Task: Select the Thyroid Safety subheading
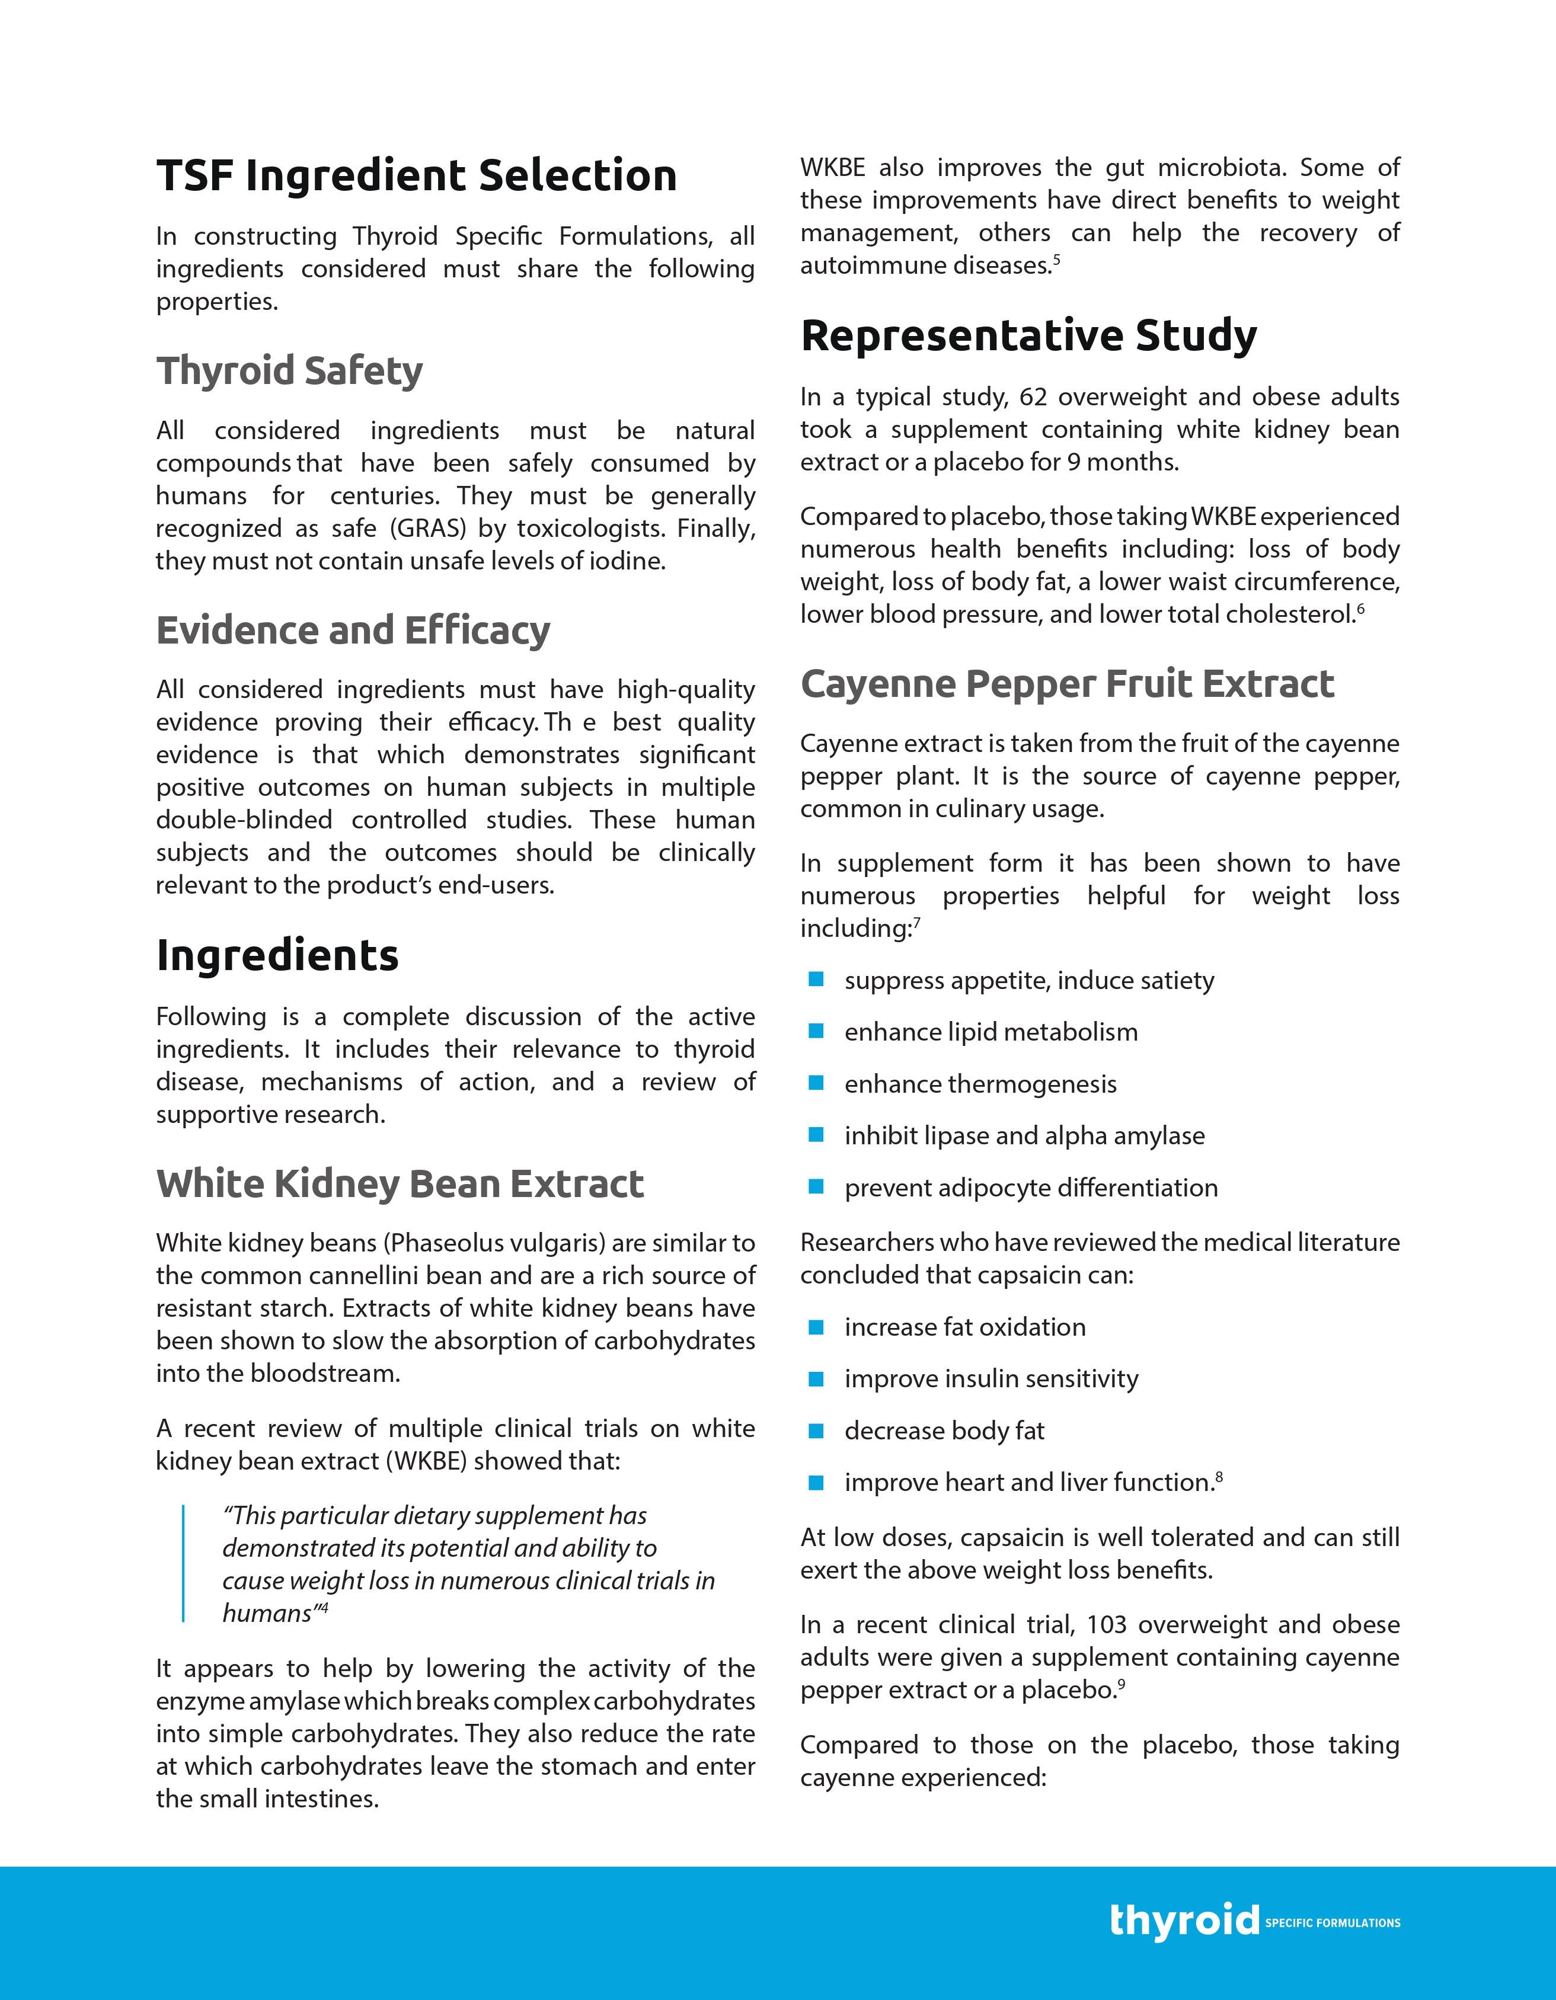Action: coord(289,371)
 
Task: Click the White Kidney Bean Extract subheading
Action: coord(400,1183)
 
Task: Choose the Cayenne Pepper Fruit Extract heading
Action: coord(1067,684)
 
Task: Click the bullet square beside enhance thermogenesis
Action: coord(816,1083)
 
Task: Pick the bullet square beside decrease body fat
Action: coord(816,1431)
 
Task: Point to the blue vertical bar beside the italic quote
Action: coord(183,1563)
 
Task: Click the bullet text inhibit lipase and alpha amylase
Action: coord(1024,1135)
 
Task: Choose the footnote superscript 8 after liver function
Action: coord(1219,1476)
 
